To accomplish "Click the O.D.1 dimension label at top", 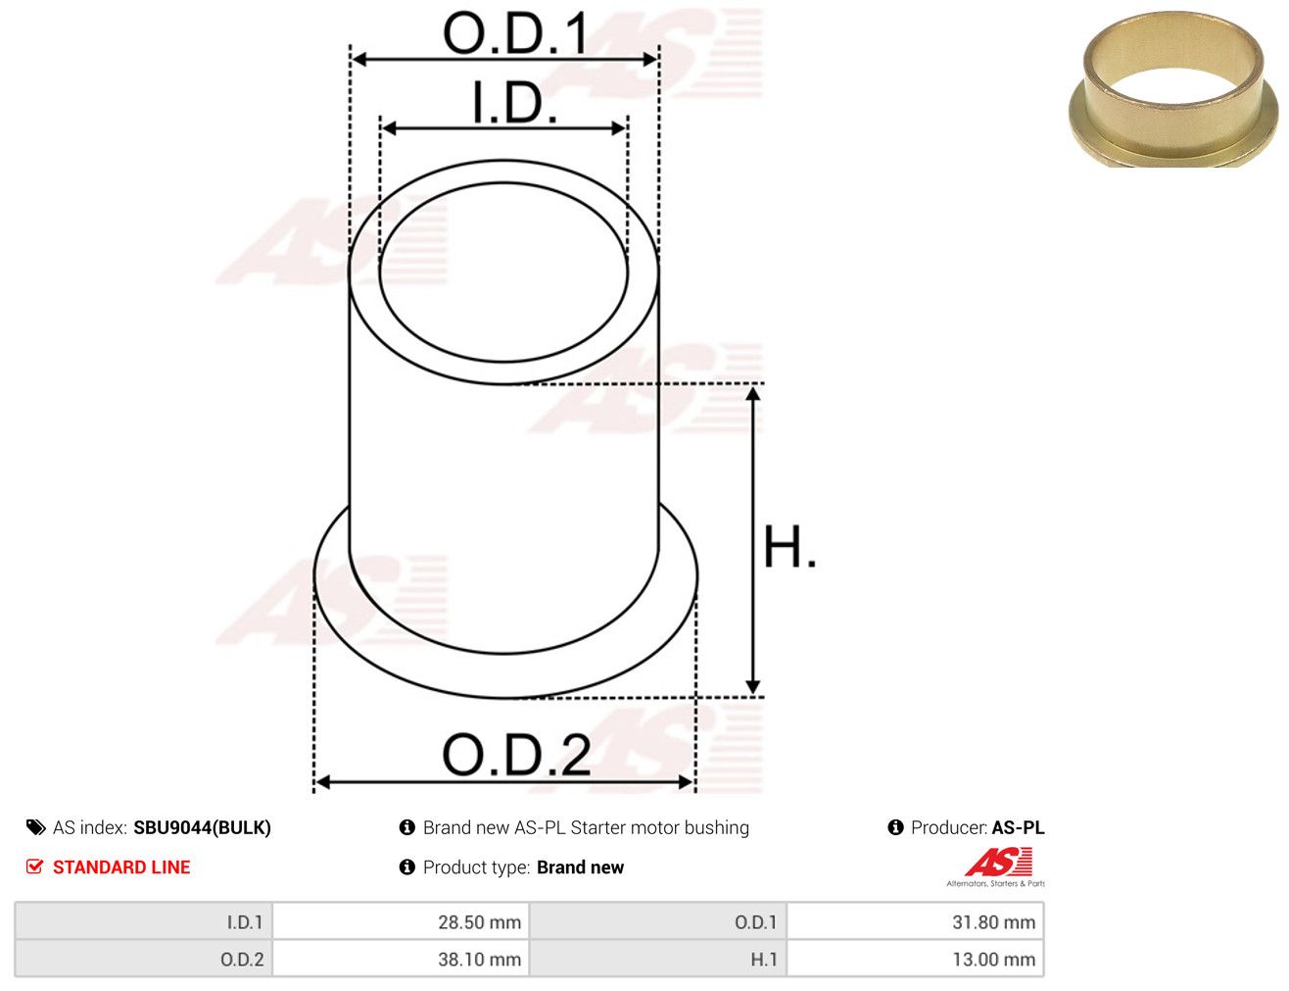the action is coord(515,33).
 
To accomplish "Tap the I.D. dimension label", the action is coord(514,102).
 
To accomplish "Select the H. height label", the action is coord(789,547).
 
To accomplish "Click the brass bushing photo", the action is coord(1173,89).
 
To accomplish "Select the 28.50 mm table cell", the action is coord(401,921).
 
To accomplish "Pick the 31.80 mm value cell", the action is coord(915,921).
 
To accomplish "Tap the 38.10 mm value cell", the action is coord(401,959).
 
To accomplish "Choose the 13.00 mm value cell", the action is coord(915,959).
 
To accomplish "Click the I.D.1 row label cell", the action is coord(144,921).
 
